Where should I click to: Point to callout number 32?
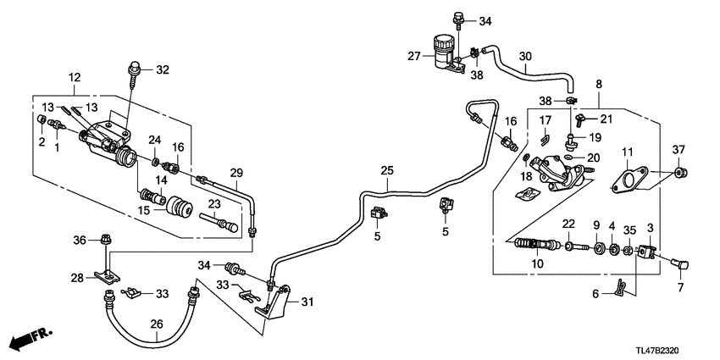pyautogui.click(x=163, y=69)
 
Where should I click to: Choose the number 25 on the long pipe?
pyautogui.click(x=386, y=171)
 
